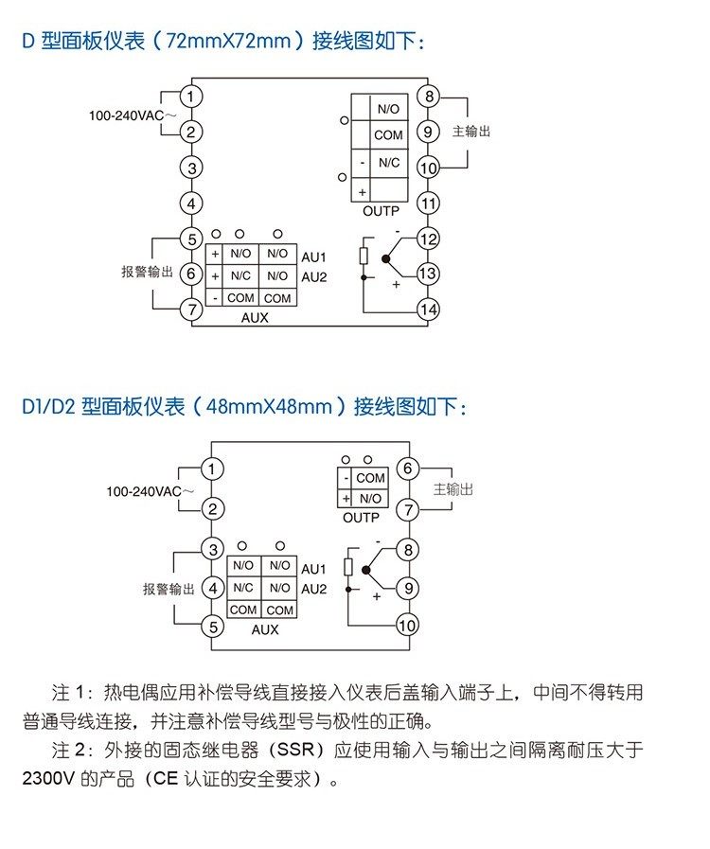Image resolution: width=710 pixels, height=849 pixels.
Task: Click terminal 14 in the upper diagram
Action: pyautogui.click(x=428, y=310)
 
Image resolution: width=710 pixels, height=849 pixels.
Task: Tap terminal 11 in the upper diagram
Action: pyautogui.click(x=428, y=203)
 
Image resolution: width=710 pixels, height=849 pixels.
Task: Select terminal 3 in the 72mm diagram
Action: pyautogui.click(x=191, y=168)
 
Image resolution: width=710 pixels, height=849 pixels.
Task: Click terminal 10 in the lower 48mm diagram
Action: pyautogui.click(x=407, y=626)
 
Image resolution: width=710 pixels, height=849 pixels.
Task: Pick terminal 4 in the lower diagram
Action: pyautogui.click(x=213, y=588)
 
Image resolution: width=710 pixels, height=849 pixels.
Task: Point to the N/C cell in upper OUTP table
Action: pyautogui.click(x=389, y=163)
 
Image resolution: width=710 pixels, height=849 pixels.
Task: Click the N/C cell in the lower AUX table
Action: pyautogui.click(x=243, y=588)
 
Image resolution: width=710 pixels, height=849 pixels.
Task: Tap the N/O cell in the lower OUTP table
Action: pyautogui.click(x=370, y=498)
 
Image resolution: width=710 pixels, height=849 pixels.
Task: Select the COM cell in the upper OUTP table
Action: pyautogui.click(x=388, y=134)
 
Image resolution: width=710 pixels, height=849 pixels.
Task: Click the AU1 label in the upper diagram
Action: pyautogui.click(x=314, y=257)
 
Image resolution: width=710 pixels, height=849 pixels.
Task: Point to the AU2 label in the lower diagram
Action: pyautogui.click(x=314, y=589)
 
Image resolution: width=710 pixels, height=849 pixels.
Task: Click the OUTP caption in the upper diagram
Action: pyautogui.click(x=381, y=211)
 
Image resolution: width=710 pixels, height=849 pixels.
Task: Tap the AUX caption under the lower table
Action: pyautogui.click(x=265, y=629)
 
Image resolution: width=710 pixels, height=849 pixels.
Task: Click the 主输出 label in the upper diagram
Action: pyautogui.click(x=471, y=132)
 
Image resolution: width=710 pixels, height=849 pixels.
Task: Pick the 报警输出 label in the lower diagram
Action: pyautogui.click(x=169, y=589)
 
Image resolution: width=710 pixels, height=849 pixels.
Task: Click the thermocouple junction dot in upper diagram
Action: pyautogui.click(x=385, y=258)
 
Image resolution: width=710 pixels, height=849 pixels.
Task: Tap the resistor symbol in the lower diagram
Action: pyautogui.click(x=348, y=567)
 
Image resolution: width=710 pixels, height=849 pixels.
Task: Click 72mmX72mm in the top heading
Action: pyautogui.click(x=228, y=41)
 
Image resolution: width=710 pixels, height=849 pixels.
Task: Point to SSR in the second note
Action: pyautogui.click(x=295, y=750)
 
